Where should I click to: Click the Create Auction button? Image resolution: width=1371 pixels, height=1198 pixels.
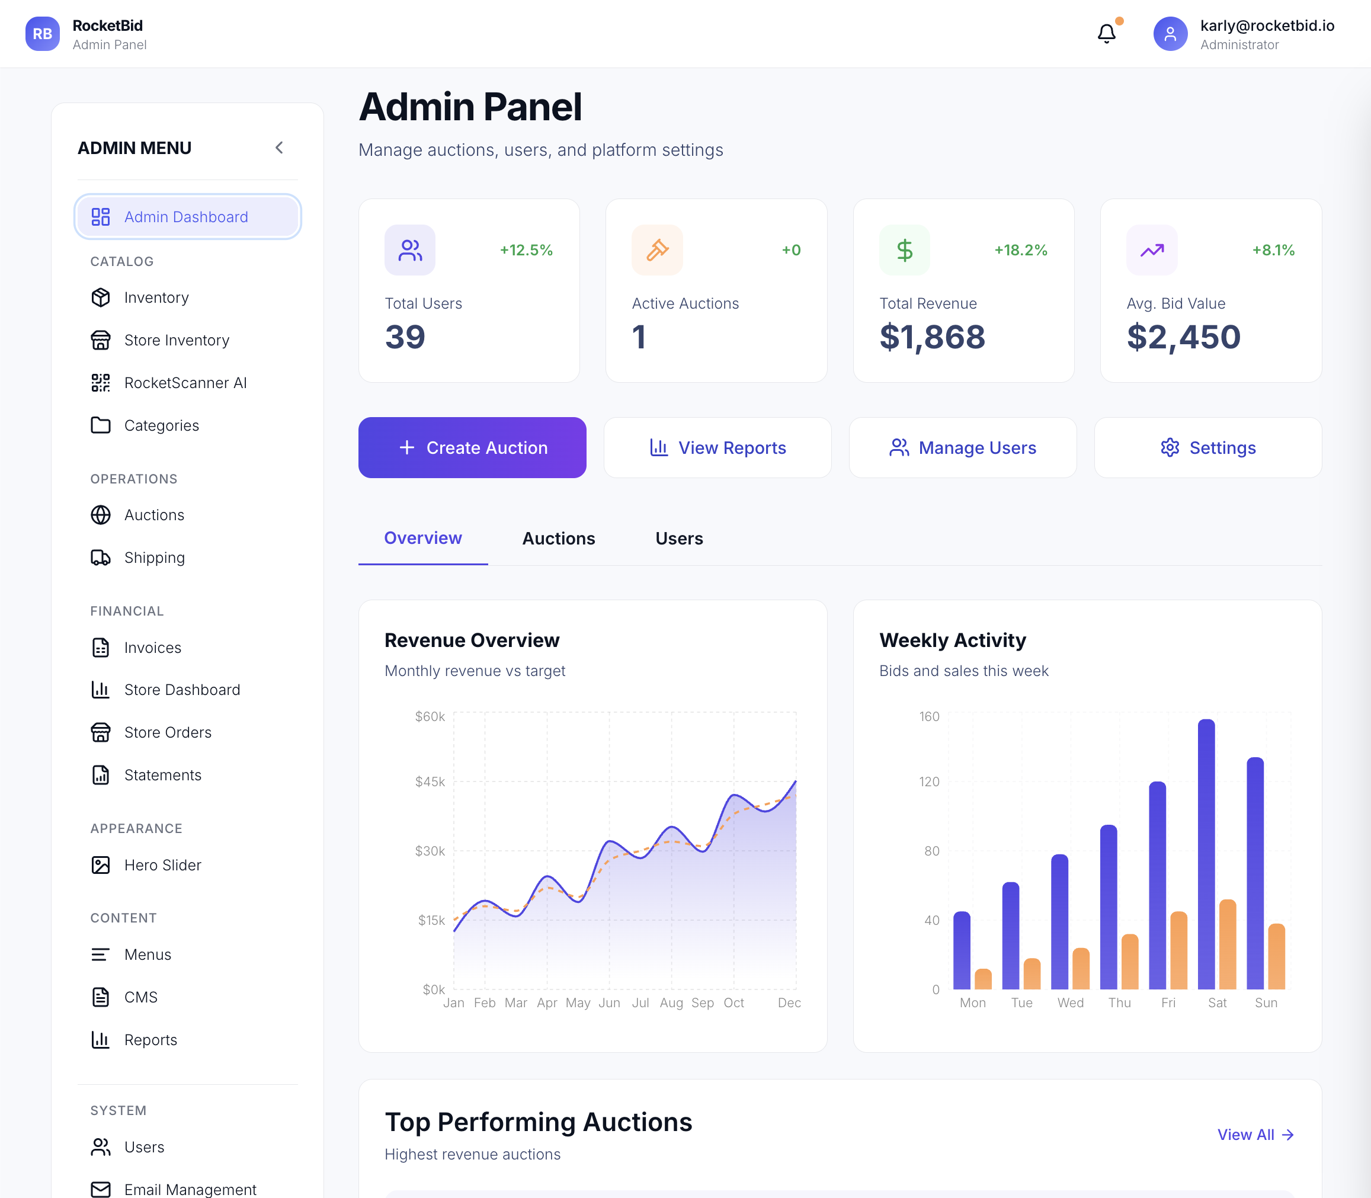(472, 447)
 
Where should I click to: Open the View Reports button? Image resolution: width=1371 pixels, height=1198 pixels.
(717, 447)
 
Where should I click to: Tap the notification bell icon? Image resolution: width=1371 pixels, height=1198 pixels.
(1106, 33)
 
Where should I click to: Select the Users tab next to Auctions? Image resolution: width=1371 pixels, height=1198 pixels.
(678, 538)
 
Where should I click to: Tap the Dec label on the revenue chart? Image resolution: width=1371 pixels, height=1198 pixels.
(789, 1003)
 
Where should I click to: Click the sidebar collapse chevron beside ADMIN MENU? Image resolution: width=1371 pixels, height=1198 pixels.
(280, 148)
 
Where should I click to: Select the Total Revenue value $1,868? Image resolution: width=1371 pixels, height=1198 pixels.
(932, 337)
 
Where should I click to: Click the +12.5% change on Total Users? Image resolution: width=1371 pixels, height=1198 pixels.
(526, 250)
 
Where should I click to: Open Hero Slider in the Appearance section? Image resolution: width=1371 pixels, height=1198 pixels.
(162, 865)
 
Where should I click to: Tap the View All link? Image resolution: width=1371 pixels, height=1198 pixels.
(1255, 1135)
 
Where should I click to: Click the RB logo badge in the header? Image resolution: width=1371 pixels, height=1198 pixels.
(42, 33)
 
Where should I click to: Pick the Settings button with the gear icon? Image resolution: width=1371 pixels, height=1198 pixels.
(1207, 447)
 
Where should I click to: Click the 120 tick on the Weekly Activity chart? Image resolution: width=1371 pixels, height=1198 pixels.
(928, 781)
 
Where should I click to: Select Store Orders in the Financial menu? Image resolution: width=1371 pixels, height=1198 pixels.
(167, 732)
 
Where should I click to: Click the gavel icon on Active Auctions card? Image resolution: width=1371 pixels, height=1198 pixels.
(657, 250)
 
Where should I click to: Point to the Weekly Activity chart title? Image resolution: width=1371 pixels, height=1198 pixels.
(952, 640)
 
